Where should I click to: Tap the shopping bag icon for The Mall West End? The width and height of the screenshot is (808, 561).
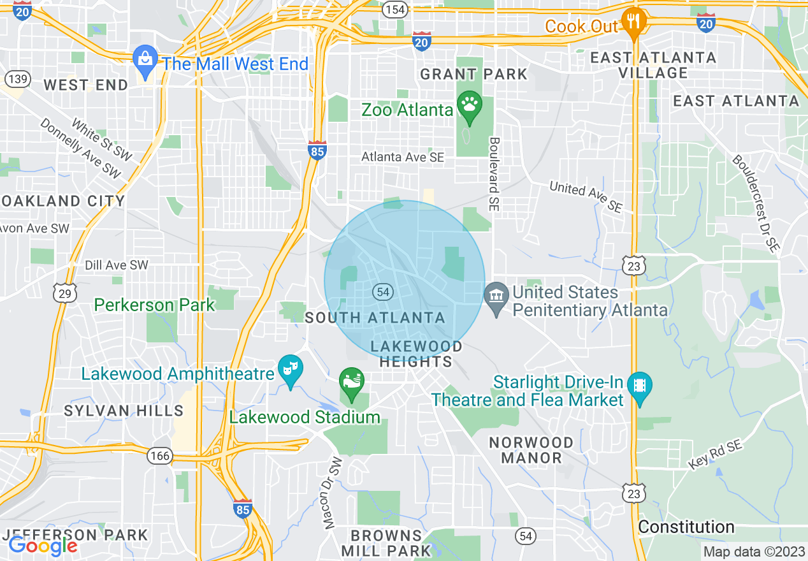[x=146, y=61]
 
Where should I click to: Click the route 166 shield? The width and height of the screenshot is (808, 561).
[x=159, y=455]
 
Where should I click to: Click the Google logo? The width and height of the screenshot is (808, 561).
[x=43, y=546]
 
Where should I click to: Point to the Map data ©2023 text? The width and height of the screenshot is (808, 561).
[x=754, y=551]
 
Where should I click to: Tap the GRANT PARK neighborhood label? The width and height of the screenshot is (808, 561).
[x=473, y=74]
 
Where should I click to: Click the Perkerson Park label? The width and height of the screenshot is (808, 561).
[x=155, y=305]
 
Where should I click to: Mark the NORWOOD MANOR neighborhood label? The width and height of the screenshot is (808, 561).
[x=531, y=450]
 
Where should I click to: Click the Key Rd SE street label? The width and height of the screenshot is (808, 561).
[x=715, y=455]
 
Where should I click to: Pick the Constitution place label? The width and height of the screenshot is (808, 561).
[x=686, y=527]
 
